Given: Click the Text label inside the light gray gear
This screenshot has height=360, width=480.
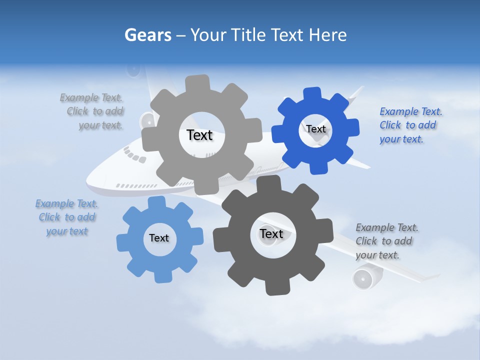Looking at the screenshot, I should (x=199, y=135).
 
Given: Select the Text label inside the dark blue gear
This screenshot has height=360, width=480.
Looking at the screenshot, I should (x=315, y=129).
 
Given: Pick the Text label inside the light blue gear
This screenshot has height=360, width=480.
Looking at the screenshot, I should (x=159, y=238).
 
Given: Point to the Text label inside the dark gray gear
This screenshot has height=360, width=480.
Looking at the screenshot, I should (x=271, y=233).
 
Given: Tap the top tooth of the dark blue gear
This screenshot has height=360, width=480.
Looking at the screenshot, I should (x=312, y=94).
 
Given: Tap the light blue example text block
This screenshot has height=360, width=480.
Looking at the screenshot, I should (x=66, y=217).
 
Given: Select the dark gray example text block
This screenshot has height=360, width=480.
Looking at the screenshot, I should (x=386, y=241).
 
